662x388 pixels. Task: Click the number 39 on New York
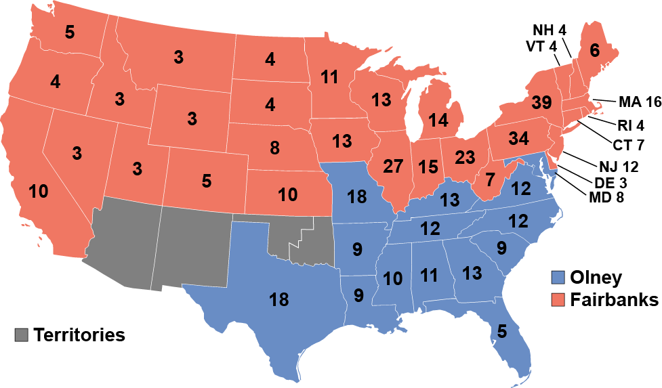(541, 103)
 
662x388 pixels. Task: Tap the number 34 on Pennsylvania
(518, 139)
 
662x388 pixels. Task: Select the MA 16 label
(639, 103)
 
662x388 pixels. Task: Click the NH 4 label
(550, 30)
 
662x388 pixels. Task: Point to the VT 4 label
(541, 46)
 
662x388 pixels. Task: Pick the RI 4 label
(630, 125)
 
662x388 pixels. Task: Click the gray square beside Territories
(21, 335)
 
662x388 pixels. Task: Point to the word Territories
(79, 335)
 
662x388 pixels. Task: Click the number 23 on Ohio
(466, 157)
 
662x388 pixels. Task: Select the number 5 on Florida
(501, 331)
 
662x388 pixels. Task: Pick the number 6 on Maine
(595, 49)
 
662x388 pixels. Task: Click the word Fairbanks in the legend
(614, 299)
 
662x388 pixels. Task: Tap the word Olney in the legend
(596, 277)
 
